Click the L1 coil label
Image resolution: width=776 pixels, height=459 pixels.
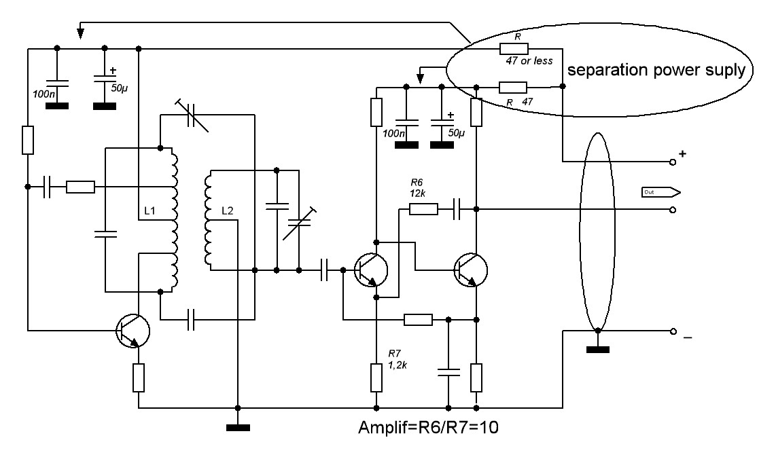point(149,210)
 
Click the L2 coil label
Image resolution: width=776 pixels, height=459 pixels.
point(227,210)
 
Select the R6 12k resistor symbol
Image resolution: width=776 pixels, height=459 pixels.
point(423,210)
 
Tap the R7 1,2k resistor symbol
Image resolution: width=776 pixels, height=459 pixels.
point(376,378)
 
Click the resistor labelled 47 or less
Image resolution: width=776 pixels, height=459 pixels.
point(514,48)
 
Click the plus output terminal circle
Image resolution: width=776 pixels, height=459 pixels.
point(673,162)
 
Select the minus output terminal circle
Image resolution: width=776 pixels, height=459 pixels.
point(673,331)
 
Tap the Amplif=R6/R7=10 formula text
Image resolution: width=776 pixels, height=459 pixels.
point(428,427)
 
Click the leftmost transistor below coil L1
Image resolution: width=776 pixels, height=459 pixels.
point(133,331)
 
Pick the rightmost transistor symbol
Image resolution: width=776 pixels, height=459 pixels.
point(470,270)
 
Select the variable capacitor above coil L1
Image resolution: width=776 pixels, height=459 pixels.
point(192,115)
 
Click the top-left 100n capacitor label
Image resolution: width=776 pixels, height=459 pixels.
point(44,94)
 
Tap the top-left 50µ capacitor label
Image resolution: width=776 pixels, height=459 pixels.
point(119,88)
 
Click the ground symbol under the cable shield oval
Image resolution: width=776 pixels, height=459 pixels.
point(598,349)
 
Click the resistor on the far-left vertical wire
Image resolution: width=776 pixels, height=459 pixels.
point(28,140)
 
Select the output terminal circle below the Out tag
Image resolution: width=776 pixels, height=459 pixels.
point(673,210)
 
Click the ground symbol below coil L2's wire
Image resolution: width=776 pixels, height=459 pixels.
point(238,427)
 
